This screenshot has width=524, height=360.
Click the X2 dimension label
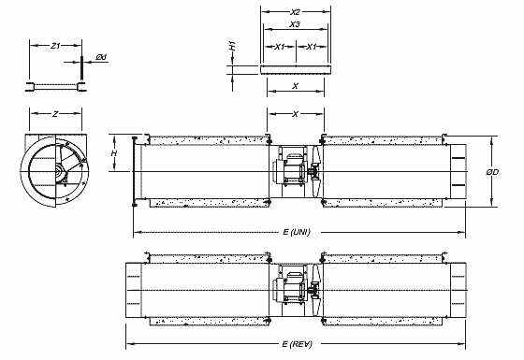pos(295,12)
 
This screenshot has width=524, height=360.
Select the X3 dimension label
pos(295,24)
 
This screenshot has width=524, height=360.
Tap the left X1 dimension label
pos(280,47)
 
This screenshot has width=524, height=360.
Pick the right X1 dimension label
pos(311,47)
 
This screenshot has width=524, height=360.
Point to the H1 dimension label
pos(233,46)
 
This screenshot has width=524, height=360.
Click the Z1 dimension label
pos(55,46)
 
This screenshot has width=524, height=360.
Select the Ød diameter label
pos(101,57)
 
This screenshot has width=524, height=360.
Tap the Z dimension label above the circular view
pos(55,114)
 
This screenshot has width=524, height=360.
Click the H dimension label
pos(114,153)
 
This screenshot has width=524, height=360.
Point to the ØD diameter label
pos(492,172)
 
